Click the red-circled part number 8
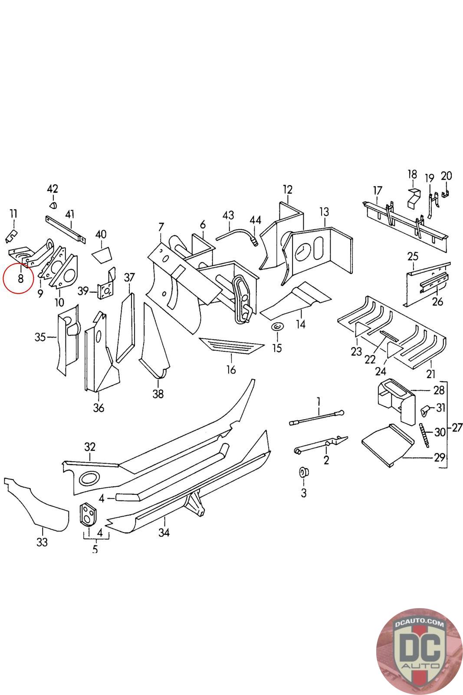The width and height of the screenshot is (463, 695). (20, 278)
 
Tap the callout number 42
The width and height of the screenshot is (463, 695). (53, 189)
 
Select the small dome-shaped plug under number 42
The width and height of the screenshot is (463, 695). (53, 205)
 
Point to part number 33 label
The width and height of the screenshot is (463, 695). (42, 542)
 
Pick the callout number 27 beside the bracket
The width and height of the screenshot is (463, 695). (457, 427)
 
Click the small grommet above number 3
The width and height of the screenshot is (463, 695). (303, 472)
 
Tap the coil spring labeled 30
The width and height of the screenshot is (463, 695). (424, 435)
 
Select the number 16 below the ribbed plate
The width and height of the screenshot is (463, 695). (231, 370)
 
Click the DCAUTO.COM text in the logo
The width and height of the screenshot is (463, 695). (419, 623)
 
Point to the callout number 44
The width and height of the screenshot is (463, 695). (255, 220)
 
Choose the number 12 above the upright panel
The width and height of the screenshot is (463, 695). (288, 189)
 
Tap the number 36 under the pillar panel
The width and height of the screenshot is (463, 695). (99, 407)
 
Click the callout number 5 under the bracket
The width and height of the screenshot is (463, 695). (95, 549)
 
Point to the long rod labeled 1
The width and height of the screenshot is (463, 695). (316, 417)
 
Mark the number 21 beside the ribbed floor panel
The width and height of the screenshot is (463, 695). (431, 374)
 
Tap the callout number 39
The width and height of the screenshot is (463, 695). (83, 291)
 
